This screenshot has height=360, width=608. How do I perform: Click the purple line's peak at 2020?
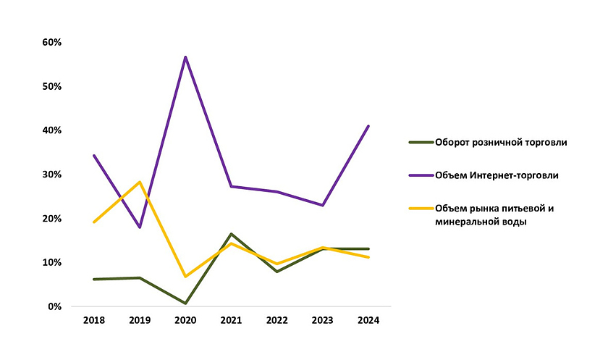185,56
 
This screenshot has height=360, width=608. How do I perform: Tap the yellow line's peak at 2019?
140,182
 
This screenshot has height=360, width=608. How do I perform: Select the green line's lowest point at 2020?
185,303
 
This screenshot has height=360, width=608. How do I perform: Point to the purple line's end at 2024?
368,126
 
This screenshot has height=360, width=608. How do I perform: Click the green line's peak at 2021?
232,234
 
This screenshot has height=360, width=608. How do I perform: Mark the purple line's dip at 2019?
140,227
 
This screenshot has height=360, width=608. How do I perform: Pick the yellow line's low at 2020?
185,277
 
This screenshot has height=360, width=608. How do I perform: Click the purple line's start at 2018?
94,155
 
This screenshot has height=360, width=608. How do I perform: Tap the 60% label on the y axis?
52,42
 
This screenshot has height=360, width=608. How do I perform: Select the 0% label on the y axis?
55,306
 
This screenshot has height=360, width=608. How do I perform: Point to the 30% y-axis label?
52,175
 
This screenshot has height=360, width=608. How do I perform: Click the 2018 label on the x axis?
94,320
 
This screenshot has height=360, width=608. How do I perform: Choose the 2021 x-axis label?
232,320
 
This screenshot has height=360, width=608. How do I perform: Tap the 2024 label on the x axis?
368,320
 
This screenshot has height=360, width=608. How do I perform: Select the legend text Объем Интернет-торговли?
497,175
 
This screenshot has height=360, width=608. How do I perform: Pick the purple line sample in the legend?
420,175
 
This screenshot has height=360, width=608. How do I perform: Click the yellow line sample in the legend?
420,209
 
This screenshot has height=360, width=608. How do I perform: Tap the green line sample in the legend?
420,142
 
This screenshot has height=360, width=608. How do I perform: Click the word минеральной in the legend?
465,222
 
